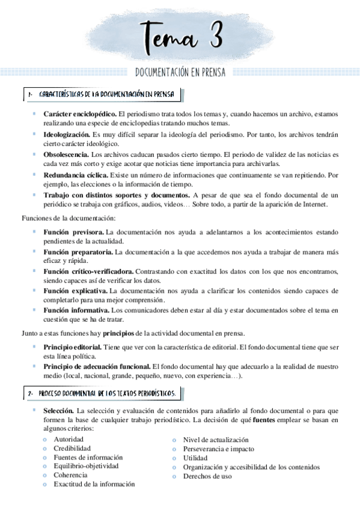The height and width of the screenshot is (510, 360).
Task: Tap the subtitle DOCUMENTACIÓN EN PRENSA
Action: pos(181,73)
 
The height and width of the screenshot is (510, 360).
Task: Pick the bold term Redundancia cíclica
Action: pos(75,175)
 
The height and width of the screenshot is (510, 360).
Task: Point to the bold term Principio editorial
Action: pos(72,347)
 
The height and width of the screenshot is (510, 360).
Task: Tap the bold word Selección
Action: pos(58,410)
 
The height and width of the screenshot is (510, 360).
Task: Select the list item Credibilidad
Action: pos(72,449)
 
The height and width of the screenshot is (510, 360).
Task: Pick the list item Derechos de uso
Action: pos(207,476)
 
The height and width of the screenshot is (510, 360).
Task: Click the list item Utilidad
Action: pos(195,458)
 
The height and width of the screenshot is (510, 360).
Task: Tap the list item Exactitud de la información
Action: pos(94,484)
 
